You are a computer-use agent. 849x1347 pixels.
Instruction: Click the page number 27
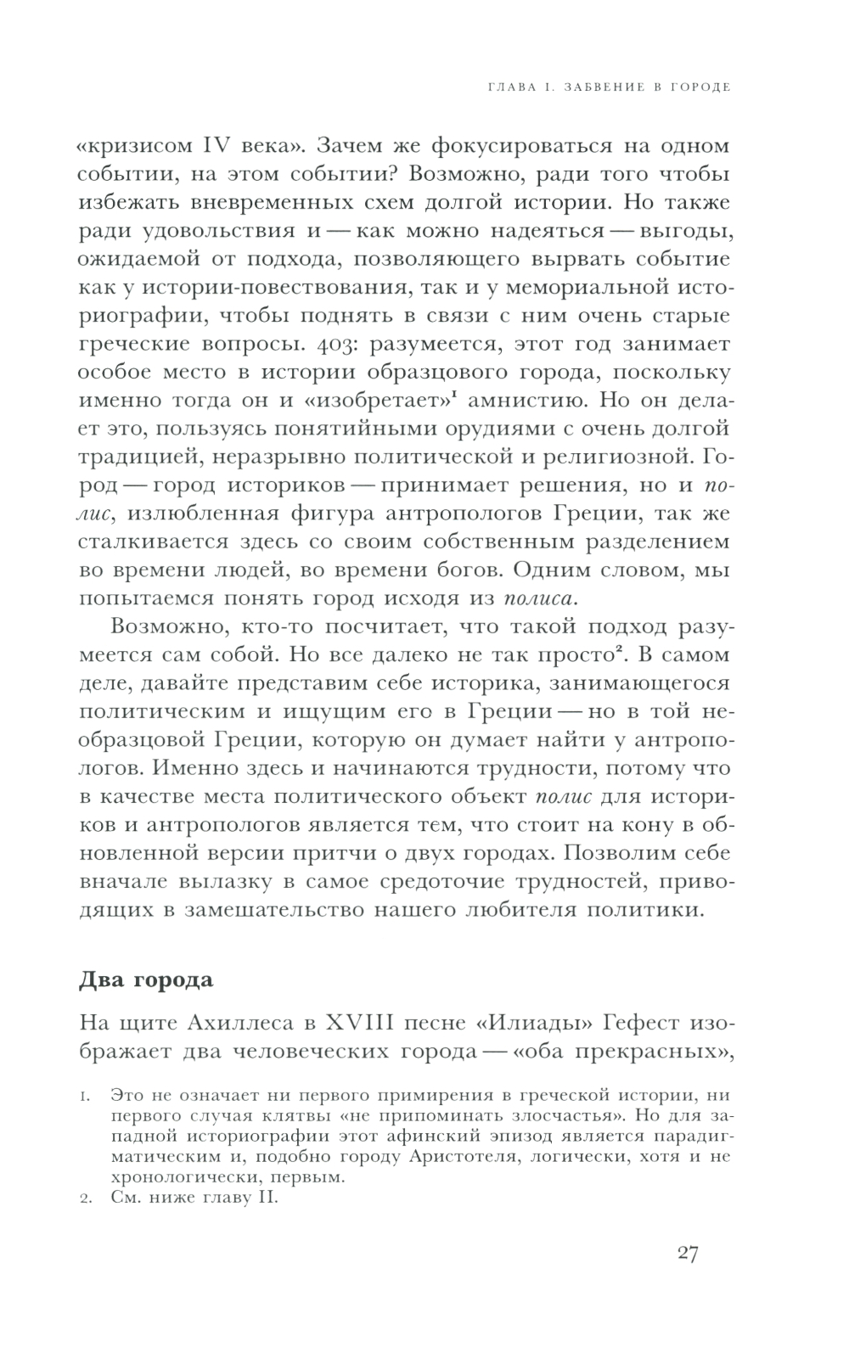tap(688, 1254)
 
